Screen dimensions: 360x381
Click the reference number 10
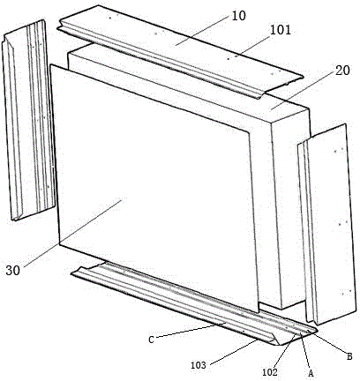click(238, 16)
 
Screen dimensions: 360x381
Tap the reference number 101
click(281, 30)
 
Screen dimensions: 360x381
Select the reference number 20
click(342, 71)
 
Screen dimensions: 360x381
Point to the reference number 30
click(13, 270)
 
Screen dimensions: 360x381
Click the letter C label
click(151, 340)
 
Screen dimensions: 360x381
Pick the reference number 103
click(199, 365)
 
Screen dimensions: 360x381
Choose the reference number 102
click(270, 372)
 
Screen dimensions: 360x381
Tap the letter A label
click(311, 373)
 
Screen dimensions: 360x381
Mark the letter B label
click(349, 356)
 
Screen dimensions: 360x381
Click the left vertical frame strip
click(29, 120)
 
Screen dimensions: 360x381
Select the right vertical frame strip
click(326, 224)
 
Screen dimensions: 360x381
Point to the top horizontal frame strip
click(179, 51)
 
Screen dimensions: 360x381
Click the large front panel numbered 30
click(154, 188)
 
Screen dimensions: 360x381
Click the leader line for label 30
click(73, 233)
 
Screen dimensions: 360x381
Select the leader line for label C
click(191, 330)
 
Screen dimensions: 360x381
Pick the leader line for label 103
click(235, 352)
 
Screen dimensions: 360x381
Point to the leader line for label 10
click(202, 31)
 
